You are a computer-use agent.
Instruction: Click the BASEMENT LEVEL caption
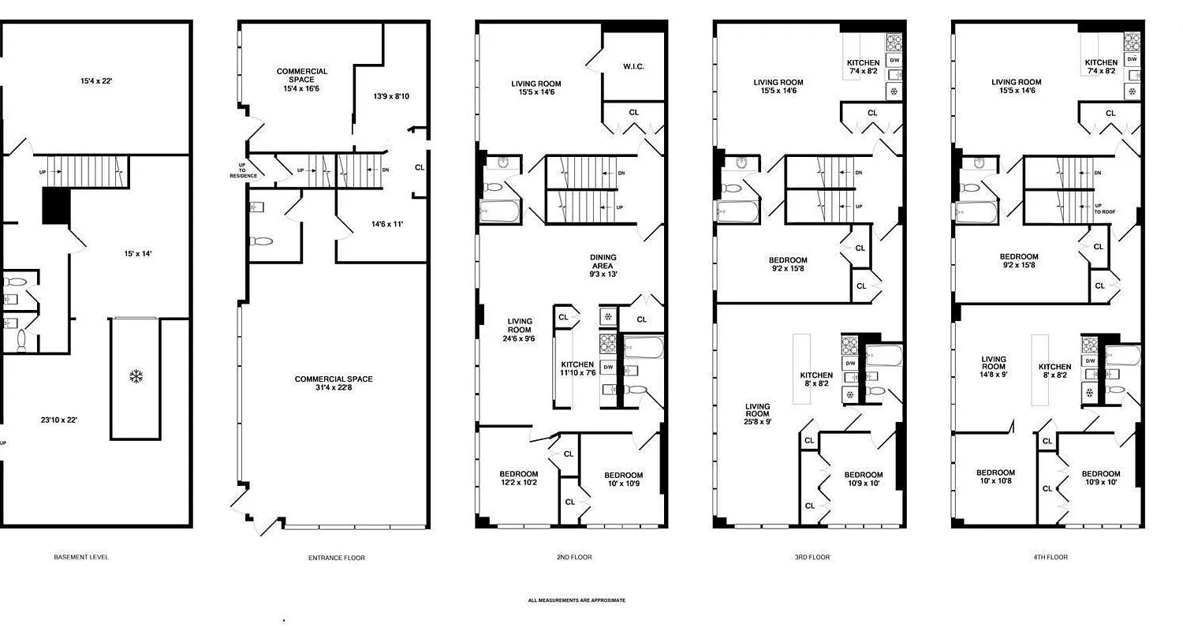pyautogui.click(x=81, y=557)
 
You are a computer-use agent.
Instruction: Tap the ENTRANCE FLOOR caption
pyautogui.click(x=337, y=558)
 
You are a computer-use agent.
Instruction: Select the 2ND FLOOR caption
pyautogui.click(x=574, y=557)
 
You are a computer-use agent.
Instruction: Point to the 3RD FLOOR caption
pyautogui.click(x=812, y=557)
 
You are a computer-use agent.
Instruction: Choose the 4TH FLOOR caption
pyautogui.click(x=1051, y=557)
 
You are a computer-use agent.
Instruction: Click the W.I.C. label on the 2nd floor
pyautogui.click(x=633, y=67)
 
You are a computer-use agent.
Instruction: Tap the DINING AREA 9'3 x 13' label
pyautogui.click(x=603, y=266)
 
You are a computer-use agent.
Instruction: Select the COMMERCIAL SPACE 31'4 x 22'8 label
pyautogui.click(x=334, y=383)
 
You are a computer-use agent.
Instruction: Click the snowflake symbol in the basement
pyautogui.click(x=136, y=377)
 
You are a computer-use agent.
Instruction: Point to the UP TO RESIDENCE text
pyautogui.click(x=243, y=170)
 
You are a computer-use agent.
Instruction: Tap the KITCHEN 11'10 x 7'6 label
pyautogui.click(x=577, y=368)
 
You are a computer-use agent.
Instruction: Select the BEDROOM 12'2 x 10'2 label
pyautogui.click(x=518, y=478)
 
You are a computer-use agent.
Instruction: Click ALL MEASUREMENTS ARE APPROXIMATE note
pyautogui.click(x=577, y=600)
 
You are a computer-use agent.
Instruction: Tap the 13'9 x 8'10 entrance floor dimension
pyautogui.click(x=390, y=96)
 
